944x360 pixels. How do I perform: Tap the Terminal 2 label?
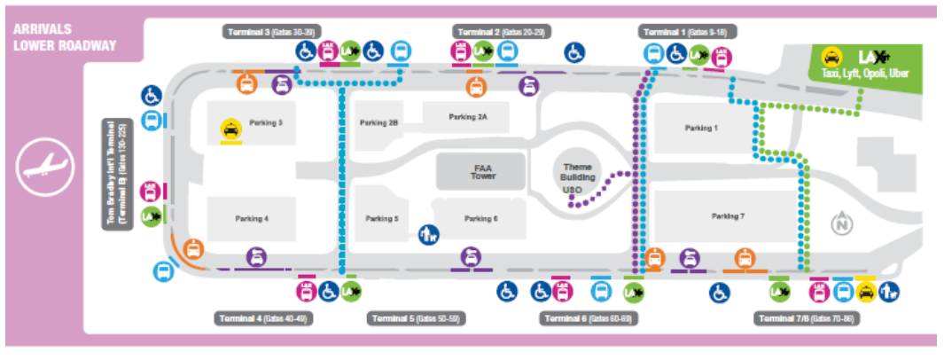502,31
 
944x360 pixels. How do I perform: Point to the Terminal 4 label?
262,318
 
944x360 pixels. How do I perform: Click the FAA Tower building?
483,172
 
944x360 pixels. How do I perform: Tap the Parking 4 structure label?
252,218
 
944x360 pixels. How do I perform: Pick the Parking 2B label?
378,123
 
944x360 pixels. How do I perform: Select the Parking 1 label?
700,128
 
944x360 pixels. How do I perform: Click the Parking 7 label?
728,215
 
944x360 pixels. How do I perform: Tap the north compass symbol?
840,224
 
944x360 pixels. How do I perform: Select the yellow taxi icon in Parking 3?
230,130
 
